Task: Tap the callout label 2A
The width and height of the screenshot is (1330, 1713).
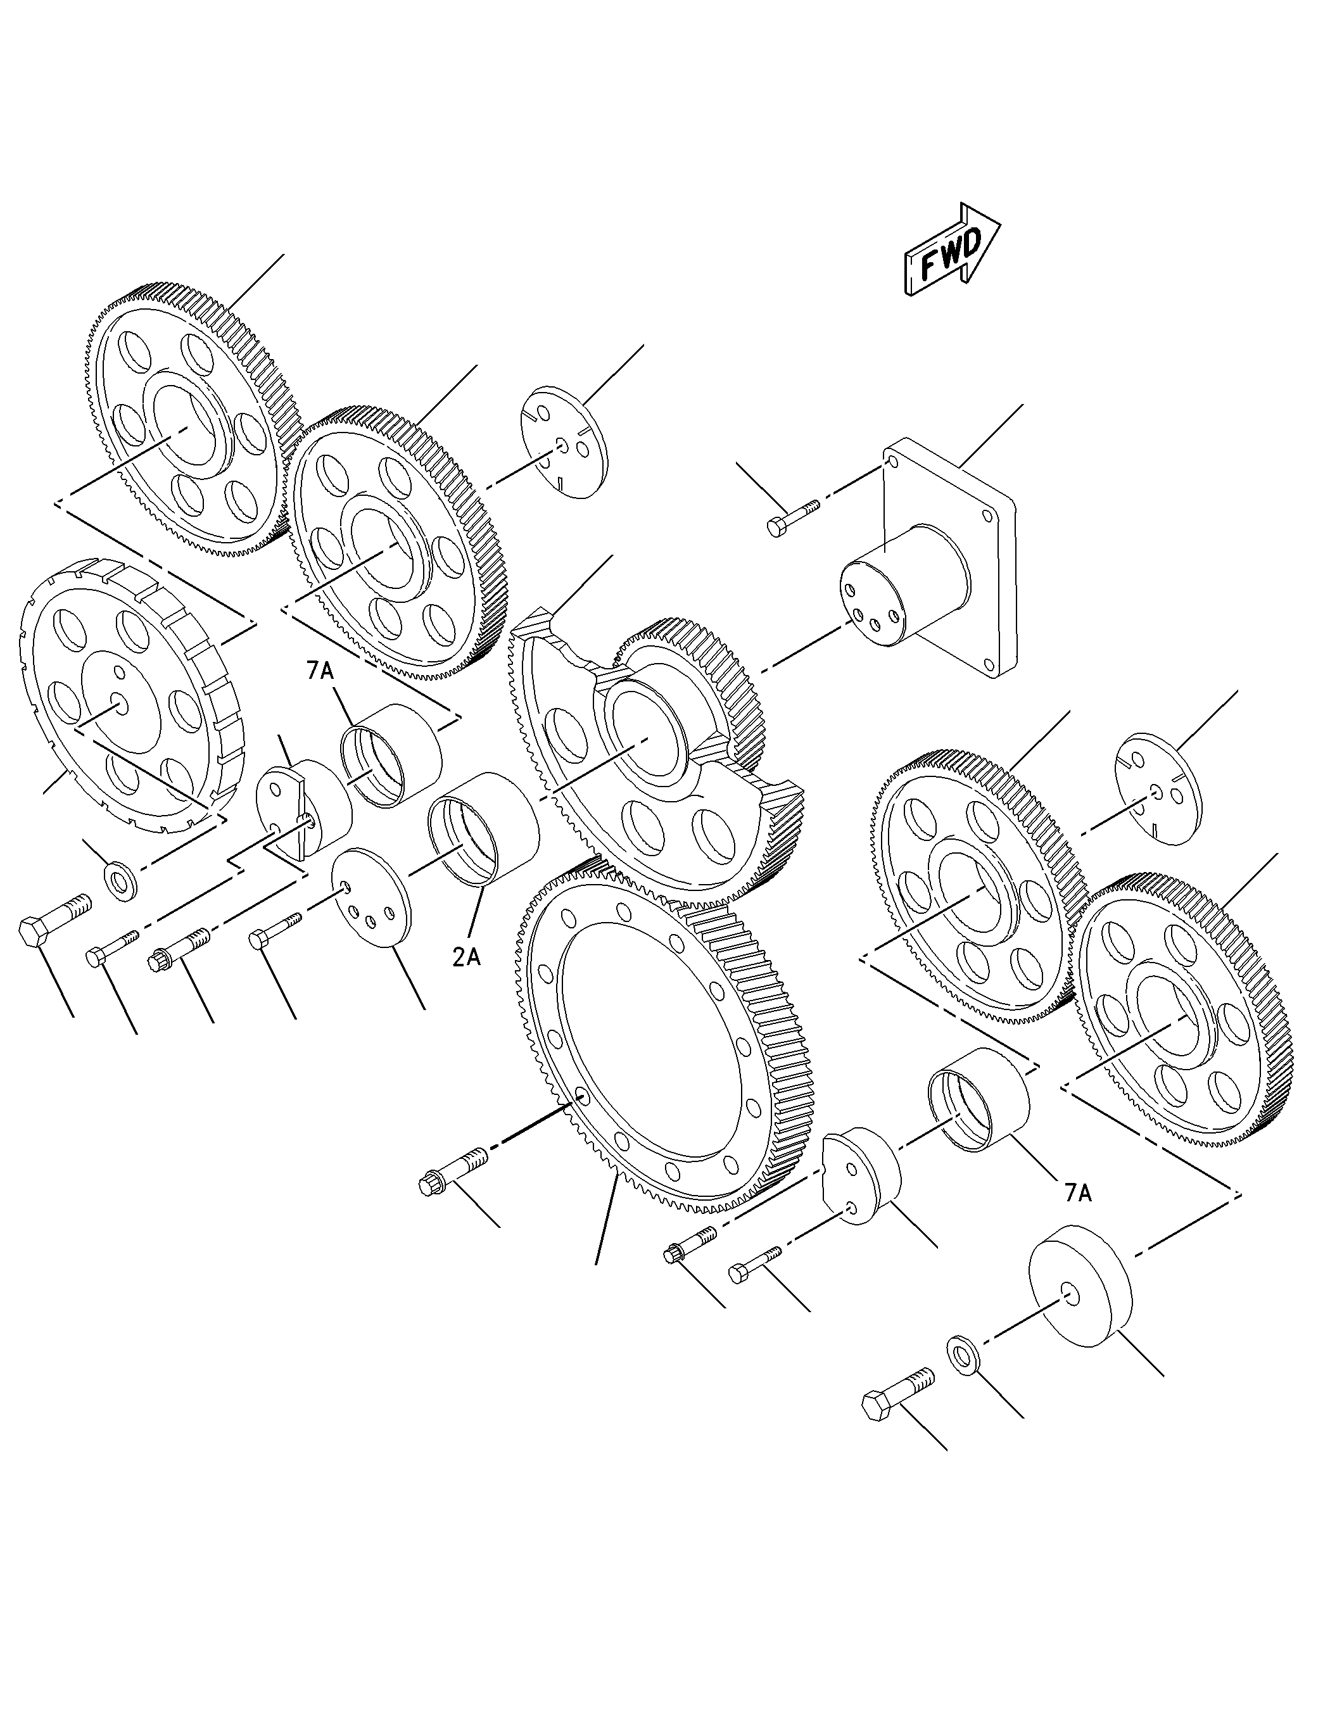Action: point(467,958)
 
